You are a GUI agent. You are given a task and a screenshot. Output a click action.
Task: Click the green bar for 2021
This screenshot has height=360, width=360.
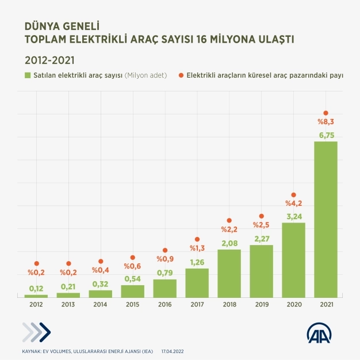pos(325,219)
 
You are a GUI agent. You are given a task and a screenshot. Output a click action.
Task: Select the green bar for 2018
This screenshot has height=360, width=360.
pos(229,273)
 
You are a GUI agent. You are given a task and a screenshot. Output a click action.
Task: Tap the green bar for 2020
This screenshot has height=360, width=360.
pos(293,259)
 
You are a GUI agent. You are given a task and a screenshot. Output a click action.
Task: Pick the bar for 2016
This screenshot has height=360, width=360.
pos(164,288)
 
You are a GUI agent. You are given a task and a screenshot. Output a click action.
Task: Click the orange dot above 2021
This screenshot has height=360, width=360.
pos(325,113)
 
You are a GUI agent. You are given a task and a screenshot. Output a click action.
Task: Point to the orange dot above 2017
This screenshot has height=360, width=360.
pos(197,239)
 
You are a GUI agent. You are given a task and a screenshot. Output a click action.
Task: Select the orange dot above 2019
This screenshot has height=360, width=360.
pos(261,216)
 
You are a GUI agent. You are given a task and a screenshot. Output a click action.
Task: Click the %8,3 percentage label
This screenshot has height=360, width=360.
pos(325,122)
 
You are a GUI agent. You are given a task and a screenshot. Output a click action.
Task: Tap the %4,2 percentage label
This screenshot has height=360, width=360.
pos(293,203)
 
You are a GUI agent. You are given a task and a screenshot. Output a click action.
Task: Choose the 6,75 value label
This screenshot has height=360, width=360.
pos(325,135)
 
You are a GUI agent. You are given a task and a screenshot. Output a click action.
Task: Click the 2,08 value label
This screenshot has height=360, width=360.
pos(229,243)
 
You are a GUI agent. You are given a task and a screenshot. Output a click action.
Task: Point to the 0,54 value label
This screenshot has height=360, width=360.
pos(132,279)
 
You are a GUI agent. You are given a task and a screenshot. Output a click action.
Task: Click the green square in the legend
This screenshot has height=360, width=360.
pos(28,75)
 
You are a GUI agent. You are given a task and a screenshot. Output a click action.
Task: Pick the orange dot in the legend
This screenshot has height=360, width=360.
pos(181,75)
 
